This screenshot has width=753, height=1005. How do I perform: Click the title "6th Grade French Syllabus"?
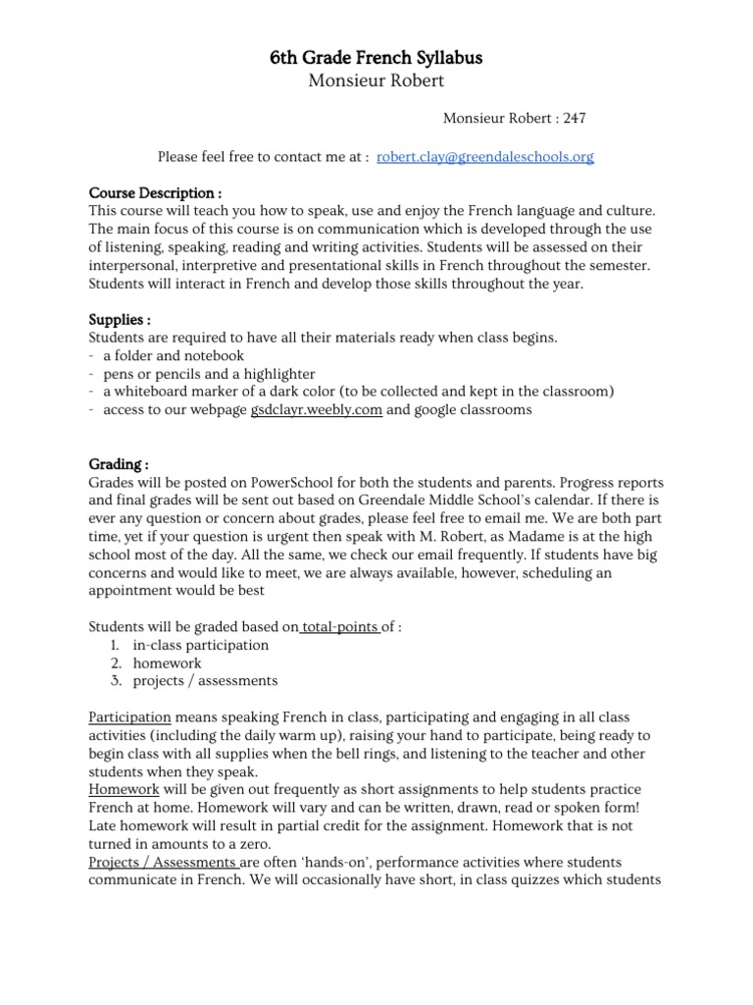pyautogui.click(x=376, y=59)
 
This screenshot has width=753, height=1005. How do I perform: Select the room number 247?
pyautogui.click(x=575, y=119)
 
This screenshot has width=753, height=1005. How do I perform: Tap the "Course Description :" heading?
pyautogui.click(x=155, y=193)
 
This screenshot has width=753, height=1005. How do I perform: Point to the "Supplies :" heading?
pyautogui.click(x=120, y=320)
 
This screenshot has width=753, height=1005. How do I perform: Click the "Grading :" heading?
pyautogui.click(x=119, y=464)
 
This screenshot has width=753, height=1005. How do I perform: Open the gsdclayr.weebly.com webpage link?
pyautogui.click(x=316, y=410)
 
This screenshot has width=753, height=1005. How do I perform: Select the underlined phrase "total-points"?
pyautogui.click(x=340, y=626)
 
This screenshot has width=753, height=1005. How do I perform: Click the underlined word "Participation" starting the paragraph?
pyautogui.click(x=129, y=716)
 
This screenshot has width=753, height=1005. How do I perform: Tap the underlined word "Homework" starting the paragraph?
pyautogui.click(x=124, y=788)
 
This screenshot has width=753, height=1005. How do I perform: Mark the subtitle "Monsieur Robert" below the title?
pyautogui.click(x=376, y=81)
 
